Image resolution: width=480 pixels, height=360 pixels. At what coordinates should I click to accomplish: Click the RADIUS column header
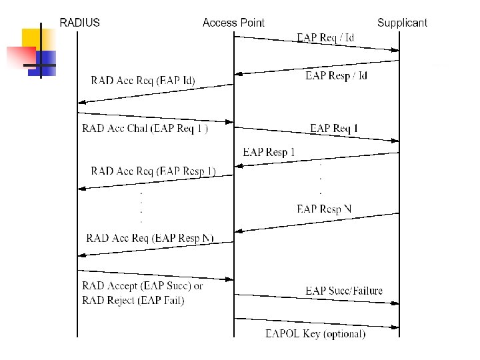79,23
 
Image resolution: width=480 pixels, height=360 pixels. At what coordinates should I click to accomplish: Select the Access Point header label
233,23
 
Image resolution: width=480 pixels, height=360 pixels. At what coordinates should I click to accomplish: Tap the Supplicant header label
402,23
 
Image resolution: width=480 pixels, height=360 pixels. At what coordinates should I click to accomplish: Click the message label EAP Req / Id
325,37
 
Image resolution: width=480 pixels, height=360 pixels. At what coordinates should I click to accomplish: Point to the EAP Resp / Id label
336,76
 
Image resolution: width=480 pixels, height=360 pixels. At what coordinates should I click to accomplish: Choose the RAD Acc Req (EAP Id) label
143,81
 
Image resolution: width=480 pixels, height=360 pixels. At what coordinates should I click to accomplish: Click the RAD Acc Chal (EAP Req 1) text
145,129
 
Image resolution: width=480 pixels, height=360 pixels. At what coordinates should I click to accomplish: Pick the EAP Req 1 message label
334,128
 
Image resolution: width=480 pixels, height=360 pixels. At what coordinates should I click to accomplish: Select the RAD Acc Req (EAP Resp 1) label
153,171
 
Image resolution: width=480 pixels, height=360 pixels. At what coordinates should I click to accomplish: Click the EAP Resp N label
324,209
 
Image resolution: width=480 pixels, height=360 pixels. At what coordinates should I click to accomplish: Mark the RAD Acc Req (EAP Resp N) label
150,238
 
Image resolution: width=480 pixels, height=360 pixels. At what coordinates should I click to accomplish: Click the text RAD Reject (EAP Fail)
133,301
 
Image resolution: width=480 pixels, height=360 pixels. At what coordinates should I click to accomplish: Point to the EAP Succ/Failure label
344,291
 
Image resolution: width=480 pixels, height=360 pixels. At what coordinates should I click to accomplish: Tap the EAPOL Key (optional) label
315,334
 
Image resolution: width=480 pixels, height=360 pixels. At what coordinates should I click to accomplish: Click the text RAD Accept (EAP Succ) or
143,286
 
